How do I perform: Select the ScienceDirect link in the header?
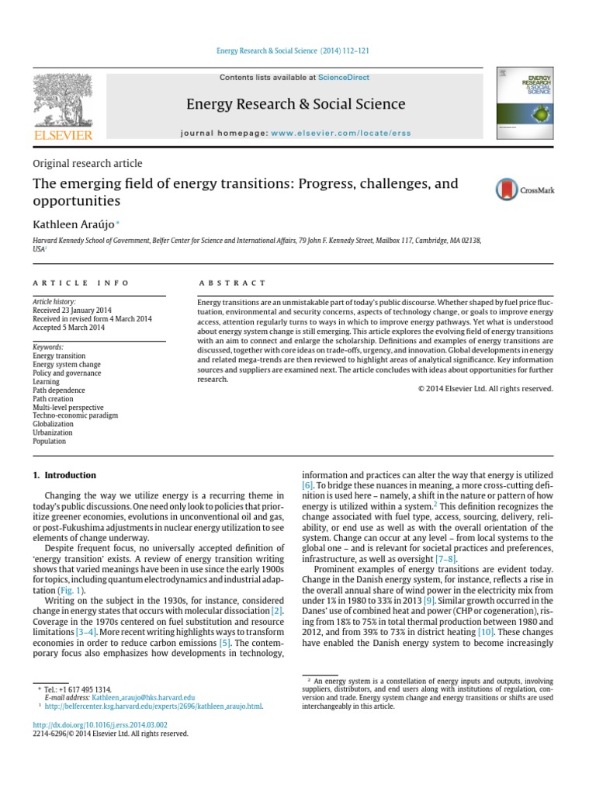(344, 78)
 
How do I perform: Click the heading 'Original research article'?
(87, 163)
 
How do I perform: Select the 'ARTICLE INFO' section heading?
(81, 283)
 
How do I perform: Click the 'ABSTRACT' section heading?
(232, 283)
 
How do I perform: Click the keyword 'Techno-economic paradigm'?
(74, 415)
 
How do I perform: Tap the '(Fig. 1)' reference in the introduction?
(73, 590)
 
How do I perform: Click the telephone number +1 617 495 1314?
(90, 689)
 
